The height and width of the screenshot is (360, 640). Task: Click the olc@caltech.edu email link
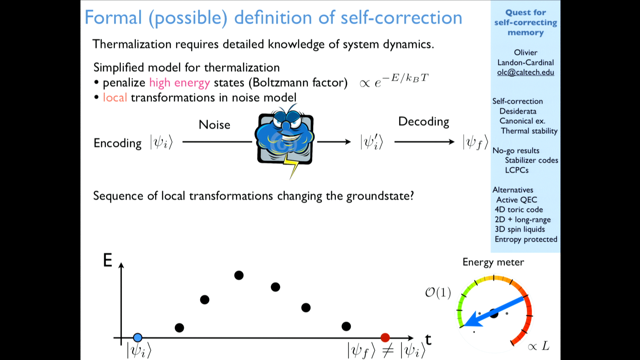[x=525, y=72]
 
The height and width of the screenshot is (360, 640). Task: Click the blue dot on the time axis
[x=138, y=338]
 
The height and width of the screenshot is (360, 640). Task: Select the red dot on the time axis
[x=385, y=338]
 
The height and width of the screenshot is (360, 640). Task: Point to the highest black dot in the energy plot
[x=239, y=275]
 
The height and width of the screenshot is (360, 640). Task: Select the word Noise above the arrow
[x=214, y=125]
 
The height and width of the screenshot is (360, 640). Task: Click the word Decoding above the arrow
[x=424, y=122]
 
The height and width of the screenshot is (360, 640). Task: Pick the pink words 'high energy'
[x=179, y=83]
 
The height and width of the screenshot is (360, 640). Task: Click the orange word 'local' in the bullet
[x=115, y=97]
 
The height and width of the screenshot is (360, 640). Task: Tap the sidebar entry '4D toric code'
[x=519, y=209]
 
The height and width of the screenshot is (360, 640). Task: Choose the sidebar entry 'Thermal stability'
[x=529, y=131]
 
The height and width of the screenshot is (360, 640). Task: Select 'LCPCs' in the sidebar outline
[x=517, y=170]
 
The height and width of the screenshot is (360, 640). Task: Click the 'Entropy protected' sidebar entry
[x=526, y=239]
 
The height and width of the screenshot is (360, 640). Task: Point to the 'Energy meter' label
[x=493, y=262]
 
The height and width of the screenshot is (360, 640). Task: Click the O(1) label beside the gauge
[x=438, y=293]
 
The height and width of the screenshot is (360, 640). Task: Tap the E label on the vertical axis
[x=108, y=260]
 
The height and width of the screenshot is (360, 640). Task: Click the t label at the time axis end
[x=428, y=340]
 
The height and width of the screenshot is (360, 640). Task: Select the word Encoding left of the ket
[x=118, y=143]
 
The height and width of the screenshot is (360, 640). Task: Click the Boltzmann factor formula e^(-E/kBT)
[x=394, y=80]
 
